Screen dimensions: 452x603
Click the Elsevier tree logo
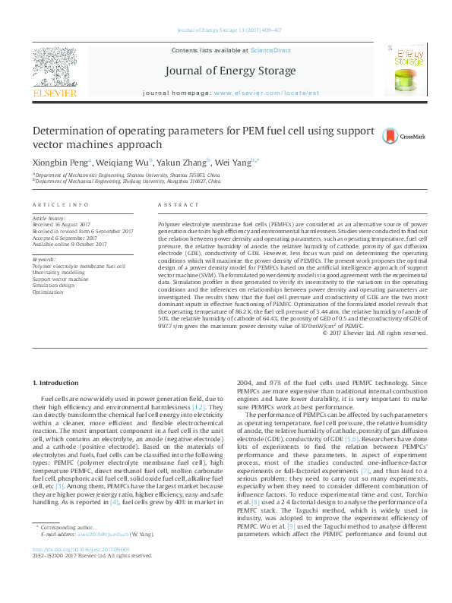click(54, 68)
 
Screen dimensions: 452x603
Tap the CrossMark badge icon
click(390, 136)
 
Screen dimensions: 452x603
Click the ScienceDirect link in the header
click(271, 50)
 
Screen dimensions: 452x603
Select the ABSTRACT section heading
click(178, 206)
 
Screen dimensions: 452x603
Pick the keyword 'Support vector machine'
click(61, 278)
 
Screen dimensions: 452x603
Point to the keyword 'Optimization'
click(48, 292)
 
